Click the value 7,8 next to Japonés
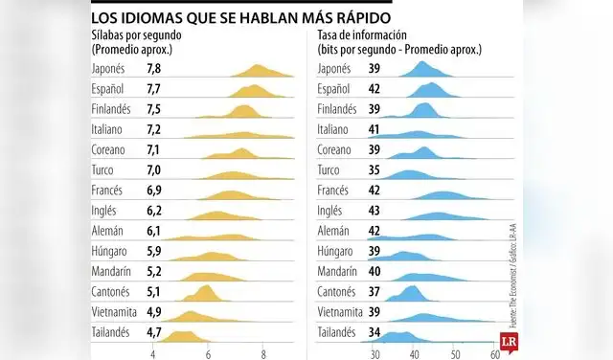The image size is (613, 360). tap(154, 68)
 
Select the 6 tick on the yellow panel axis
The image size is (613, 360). tap(208, 353)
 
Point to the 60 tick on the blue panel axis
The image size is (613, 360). tap(494, 353)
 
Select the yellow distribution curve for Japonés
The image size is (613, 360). tap(259, 72)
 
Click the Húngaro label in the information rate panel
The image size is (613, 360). tap(337, 251)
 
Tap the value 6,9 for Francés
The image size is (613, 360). tap(154, 191)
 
